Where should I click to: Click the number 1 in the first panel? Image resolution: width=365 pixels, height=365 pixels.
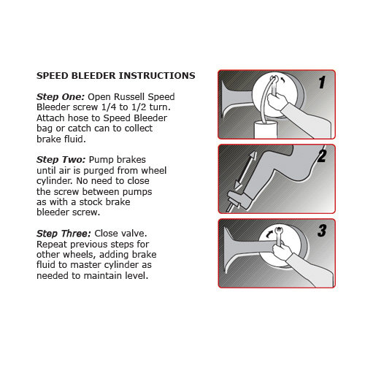[x=320, y=83]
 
